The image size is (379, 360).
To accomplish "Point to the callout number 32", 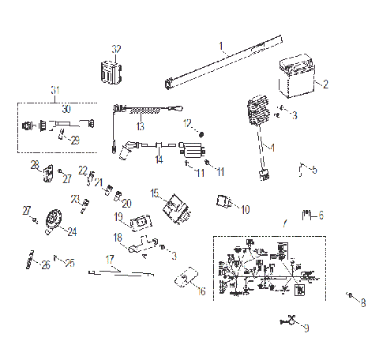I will (x=116, y=49).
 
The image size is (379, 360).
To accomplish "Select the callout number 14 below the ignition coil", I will (x=159, y=159).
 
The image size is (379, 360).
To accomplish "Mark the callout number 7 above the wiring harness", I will (x=285, y=224).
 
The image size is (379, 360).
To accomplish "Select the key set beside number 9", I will (x=290, y=321).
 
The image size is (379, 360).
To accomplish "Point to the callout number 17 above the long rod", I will (x=110, y=259).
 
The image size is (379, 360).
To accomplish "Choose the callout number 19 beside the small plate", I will (x=118, y=216).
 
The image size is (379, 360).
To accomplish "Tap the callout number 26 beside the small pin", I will (x=45, y=264).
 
